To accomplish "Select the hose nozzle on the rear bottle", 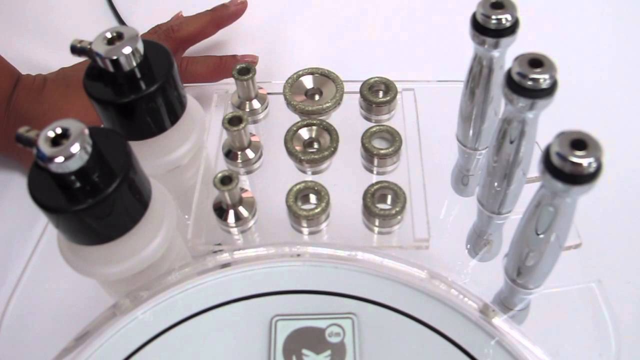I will [x=78, y=47].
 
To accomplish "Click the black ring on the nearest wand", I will [x=570, y=170].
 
